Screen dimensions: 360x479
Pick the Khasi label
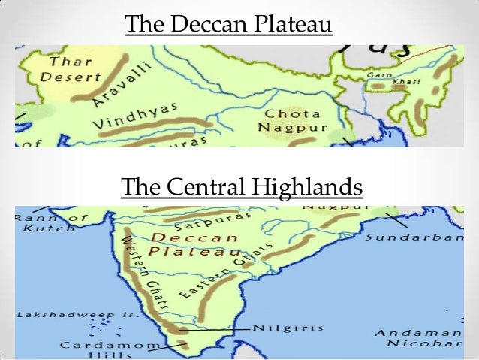tap(408, 80)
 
